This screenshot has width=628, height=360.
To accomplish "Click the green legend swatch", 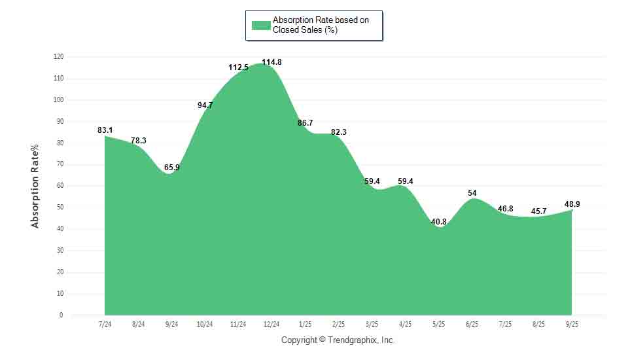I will click(x=261, y=26).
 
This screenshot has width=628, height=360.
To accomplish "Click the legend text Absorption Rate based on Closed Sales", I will click(x=321, y=26).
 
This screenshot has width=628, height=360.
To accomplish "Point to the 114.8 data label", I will click(x=271, y=62).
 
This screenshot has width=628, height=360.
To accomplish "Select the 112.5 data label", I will click(x=238, y=67).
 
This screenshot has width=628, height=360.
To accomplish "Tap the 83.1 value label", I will click(x=105, y=130).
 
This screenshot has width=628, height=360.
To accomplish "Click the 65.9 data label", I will click(x=172, y=168).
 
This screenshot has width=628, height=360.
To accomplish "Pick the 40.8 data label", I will click(x=438, y=222).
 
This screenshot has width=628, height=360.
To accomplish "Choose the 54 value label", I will click(x=472, y=193).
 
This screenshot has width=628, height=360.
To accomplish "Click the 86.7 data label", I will click(x=305, y=122).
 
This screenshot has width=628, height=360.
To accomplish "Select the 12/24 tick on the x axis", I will click(x=271, y=324).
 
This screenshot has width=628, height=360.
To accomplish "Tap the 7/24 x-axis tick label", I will click(x=105, y=324).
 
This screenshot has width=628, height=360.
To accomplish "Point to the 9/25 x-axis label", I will click(x=572, y=324).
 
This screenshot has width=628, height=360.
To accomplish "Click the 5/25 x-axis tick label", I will click(x=438, y=324).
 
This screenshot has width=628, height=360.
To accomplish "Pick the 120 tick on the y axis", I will click(x=58, y=57).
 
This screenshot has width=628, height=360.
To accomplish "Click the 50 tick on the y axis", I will click(x=60, y=207).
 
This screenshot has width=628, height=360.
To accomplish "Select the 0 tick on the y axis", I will click(x=61, y=315).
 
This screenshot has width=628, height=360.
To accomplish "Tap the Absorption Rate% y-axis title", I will click(x=35, y=186).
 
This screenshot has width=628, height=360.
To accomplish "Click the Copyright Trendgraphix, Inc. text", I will click(x=338, y=340).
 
